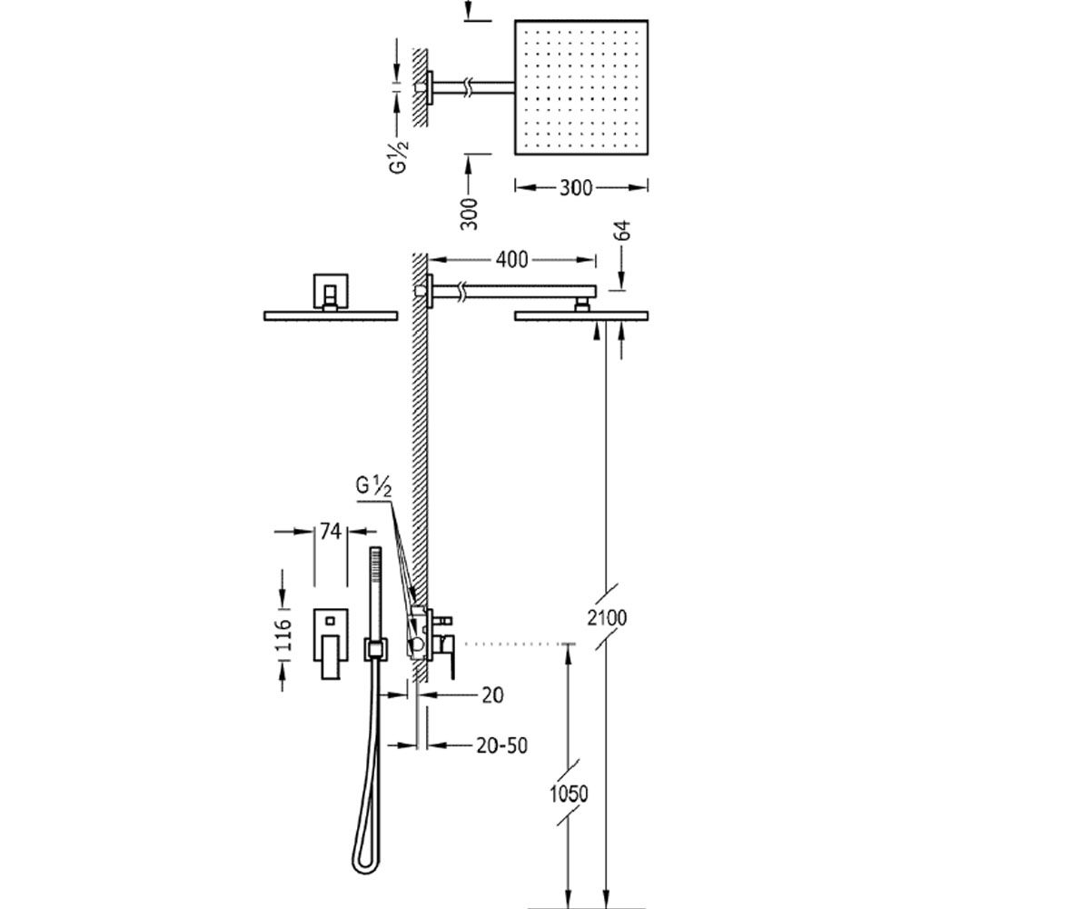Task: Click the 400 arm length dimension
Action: point(511,260)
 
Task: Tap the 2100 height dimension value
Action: point(607,618)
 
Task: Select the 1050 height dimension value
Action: point(569,794)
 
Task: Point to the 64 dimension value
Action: point(623,230)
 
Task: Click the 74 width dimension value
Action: point(331,532)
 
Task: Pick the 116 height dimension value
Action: point(284,635)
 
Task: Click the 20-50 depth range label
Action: point(501,745)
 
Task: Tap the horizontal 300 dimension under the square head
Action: point(576,188)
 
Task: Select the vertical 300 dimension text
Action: point(470,213)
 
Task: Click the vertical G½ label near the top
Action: point(399,157)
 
